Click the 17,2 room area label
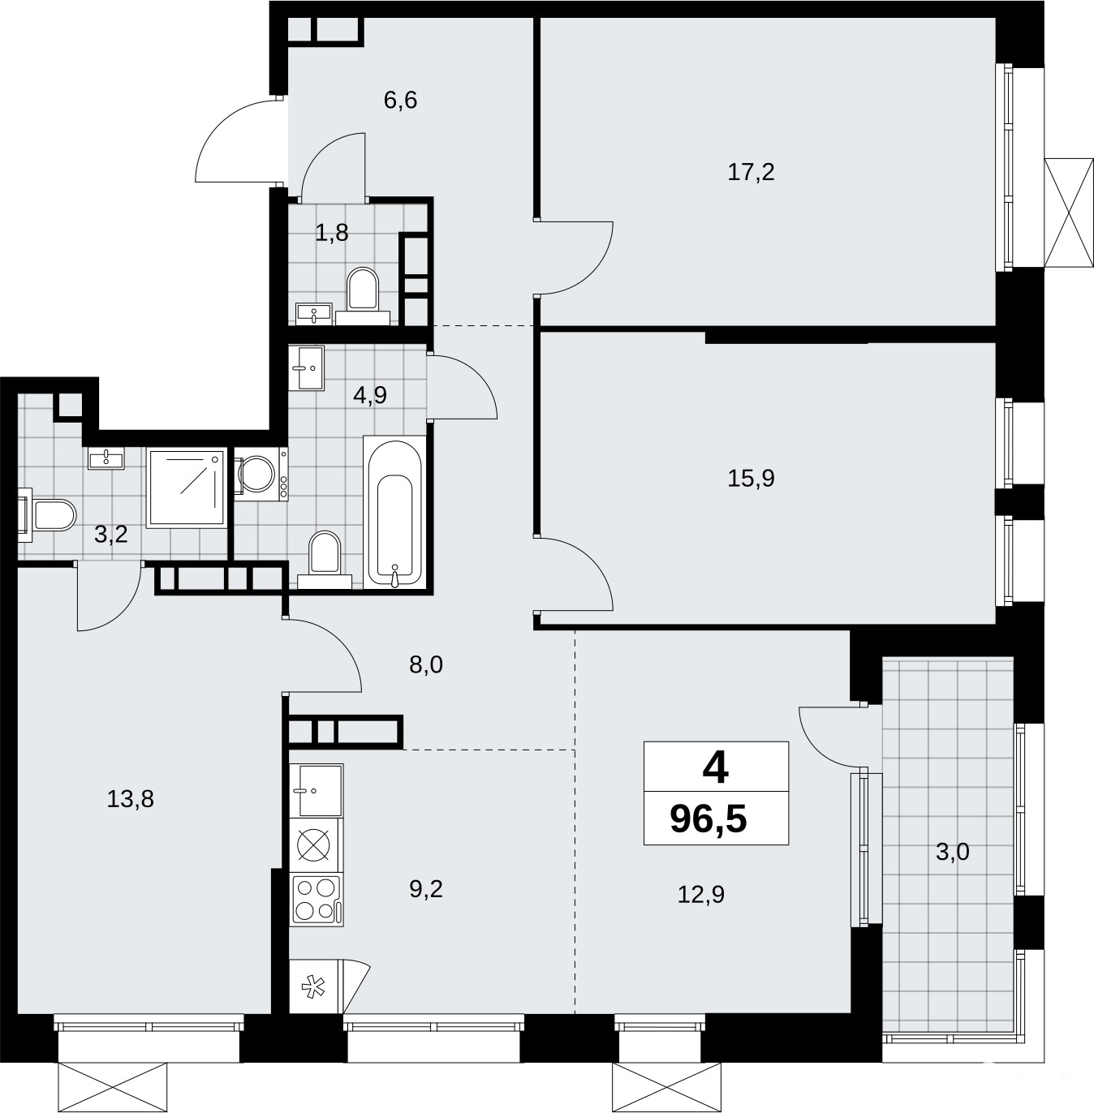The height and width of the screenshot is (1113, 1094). (751, 172)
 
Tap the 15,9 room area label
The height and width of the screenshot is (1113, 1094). (751, 479)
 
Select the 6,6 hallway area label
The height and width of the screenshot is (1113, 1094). (400, 101)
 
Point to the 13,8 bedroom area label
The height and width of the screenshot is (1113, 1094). (130, 799)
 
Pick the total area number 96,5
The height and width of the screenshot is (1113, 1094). (709, 819)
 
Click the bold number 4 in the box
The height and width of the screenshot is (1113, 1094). (716, 769)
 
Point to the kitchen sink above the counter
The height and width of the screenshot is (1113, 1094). (317, 790)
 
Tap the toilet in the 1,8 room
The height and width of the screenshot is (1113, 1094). (362, 294)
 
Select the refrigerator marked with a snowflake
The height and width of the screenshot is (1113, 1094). (316, 986)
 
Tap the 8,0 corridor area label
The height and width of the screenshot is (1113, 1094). (426, 664)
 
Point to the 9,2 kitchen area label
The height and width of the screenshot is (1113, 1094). (426, 889)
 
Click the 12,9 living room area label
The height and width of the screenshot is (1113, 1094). (701, 895)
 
